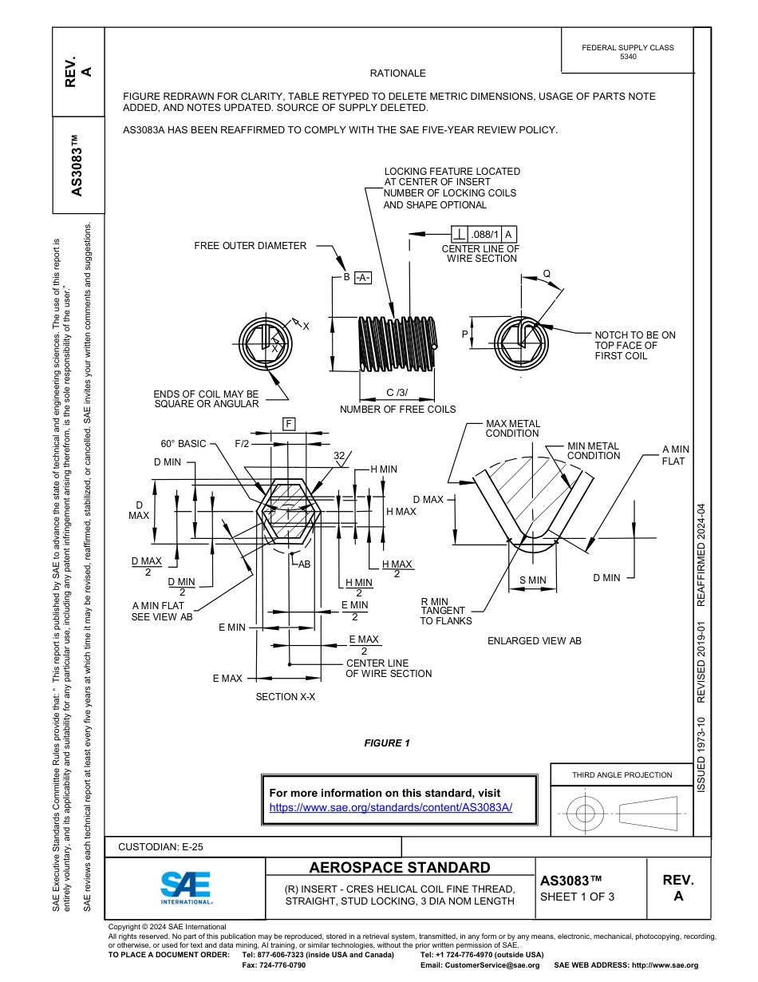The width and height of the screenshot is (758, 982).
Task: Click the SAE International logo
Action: tap(185, 886)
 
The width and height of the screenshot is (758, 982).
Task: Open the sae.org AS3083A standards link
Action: tap(390, 807)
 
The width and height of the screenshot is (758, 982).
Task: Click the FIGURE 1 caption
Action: tap(387, 743)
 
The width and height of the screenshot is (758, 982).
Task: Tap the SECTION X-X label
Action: tap(285, 697)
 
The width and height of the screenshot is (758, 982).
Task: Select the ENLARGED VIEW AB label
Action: tap(534, 641)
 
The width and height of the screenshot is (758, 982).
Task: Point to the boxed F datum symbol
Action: tap(288, 424)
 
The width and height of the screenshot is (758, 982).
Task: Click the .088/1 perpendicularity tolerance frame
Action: tap(484, 234)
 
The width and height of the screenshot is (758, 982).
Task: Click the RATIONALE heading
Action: tap(398, 73)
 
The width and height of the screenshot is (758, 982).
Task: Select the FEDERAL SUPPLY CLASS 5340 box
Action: tap(627, 52)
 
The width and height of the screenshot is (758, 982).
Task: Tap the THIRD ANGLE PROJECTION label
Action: tap(622, 774)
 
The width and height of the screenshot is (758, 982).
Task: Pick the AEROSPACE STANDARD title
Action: tap(400, 868)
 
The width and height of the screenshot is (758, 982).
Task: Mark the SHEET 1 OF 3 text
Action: tap(577, 897)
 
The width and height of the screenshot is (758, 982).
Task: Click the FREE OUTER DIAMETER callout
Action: tap(250, 246)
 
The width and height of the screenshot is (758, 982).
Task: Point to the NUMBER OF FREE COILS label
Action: tap(397, 410)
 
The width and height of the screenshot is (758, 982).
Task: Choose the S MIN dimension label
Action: tap(532, 580)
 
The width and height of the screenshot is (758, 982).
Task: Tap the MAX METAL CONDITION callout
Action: tap(512, 429)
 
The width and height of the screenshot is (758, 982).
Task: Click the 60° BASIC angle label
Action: tap(183, 444)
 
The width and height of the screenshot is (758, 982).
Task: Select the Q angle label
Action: tap(547, 274)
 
